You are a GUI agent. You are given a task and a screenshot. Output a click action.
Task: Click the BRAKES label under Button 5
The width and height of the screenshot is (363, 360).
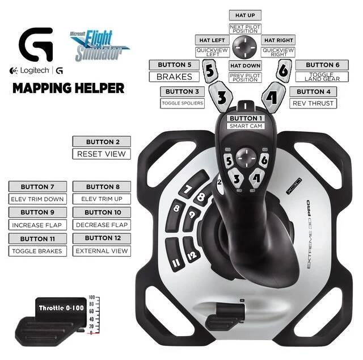click(174, 77)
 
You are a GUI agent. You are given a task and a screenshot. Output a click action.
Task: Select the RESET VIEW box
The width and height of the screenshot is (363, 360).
click(102, 154)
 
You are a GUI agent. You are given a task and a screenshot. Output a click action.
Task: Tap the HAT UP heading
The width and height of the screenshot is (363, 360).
click(245, 15)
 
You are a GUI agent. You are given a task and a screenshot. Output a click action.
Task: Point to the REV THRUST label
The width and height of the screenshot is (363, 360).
click(313, 103)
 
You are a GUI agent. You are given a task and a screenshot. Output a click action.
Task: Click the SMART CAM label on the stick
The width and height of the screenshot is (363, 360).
click(246, 126)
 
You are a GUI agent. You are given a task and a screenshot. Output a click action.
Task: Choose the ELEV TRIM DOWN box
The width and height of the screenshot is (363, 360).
click(37, 199)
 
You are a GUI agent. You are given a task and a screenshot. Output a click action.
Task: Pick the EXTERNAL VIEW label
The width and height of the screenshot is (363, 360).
click(102, 251)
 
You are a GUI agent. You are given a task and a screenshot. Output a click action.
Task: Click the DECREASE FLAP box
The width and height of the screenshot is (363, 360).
click(102, 225)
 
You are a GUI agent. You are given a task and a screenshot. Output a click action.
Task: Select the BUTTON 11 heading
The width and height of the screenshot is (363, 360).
click(37, 238)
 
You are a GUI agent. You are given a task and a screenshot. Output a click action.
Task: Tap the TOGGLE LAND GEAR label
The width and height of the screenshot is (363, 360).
click(322, 77)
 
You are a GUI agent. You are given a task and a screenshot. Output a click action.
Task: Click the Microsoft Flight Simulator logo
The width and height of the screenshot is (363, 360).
click(100, 45)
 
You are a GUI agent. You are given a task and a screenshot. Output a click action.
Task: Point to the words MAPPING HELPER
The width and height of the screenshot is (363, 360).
click(69, 89)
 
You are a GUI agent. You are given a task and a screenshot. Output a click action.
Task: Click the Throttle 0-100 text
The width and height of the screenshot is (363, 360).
click(61, 308)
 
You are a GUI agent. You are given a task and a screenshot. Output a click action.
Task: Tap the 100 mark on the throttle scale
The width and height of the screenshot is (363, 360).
click(92, 297)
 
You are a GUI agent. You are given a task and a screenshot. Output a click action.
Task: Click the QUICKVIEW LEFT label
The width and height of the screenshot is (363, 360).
click(212, 52)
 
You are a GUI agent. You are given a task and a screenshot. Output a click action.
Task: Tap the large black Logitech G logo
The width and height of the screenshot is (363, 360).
click(36, 44)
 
